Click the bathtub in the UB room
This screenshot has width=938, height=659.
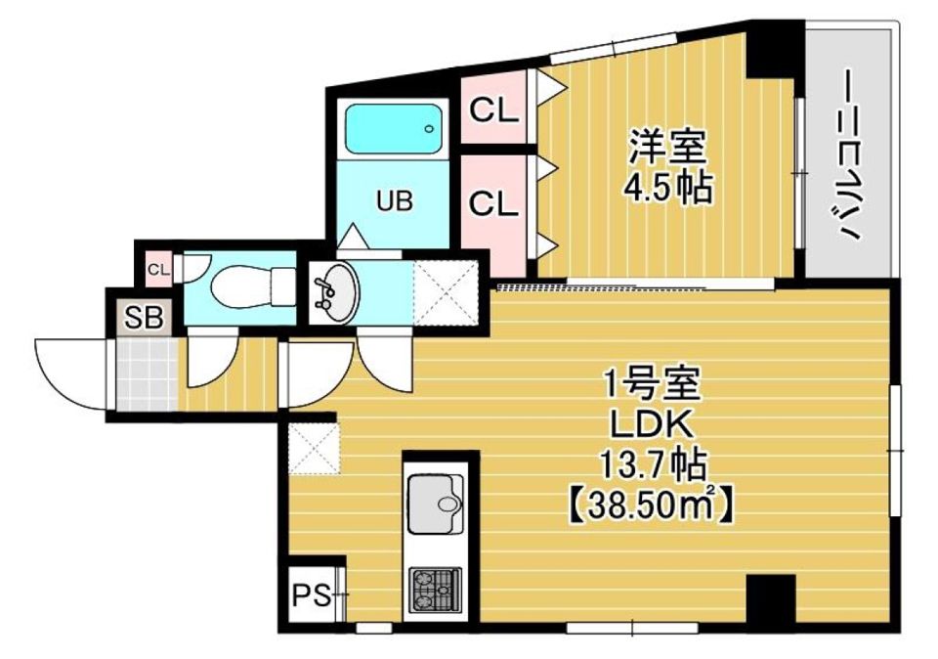click(394, 128)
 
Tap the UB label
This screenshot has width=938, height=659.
click(396, 201)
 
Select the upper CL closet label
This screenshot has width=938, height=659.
click(493, 110)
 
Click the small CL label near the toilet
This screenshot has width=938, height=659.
click(158, 267)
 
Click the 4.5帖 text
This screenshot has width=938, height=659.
click(668, 187)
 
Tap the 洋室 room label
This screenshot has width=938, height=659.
click(667, 150)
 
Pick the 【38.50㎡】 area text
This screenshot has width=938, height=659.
click(652, 505)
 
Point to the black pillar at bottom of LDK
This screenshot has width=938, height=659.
click(766, 597)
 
